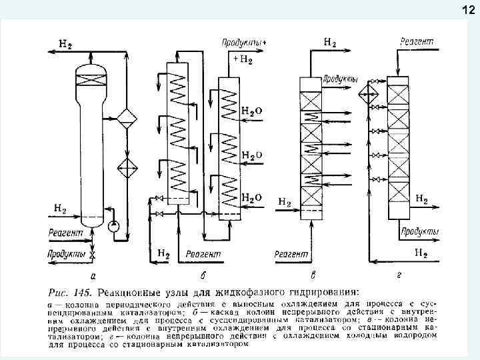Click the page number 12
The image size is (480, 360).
click(466, 9)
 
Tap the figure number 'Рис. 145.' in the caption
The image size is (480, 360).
click(71, 291)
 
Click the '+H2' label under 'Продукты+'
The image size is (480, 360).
click(243, 59)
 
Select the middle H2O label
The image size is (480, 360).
click(251, 155)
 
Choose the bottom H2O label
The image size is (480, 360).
click(251, 198)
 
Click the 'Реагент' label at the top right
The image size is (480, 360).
click(417, 42)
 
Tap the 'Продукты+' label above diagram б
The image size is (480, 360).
click(243, 42)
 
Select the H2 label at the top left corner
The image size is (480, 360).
click(66, 45)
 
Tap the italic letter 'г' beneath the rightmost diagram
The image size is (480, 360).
click(396, 275)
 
